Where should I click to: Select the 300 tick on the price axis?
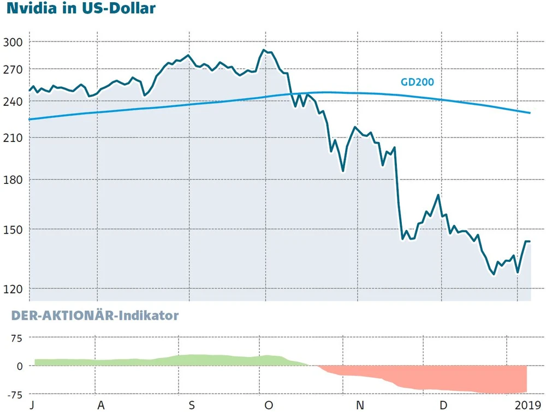point(13,42)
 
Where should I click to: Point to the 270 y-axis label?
point(13,70)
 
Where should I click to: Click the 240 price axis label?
point(13,101)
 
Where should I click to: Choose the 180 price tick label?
point(13,180)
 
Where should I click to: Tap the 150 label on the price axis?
point(13,229)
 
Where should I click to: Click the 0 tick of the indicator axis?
point(20,366)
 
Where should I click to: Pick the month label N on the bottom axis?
point(359,405)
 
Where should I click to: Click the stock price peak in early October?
point(264,50)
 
